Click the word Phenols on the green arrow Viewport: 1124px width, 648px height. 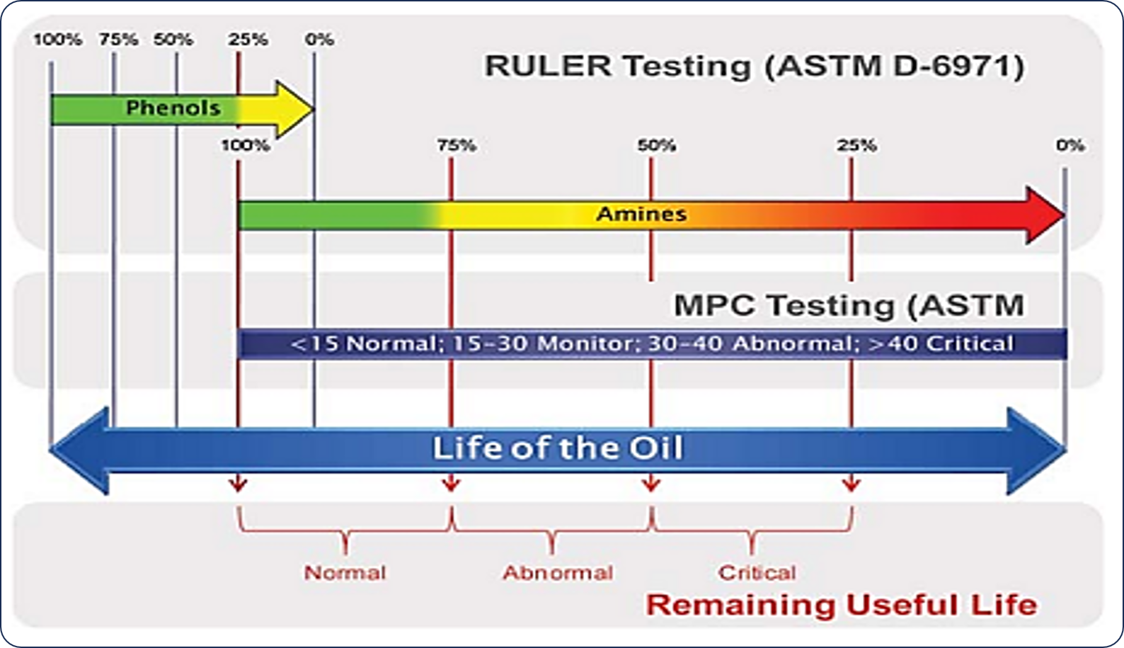pyautogui.click(x=173, y=108)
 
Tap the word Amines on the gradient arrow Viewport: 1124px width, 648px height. pyautogui.click(x=641, y=215)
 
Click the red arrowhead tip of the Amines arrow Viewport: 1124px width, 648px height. pyautogui.click(x=1065, y=215)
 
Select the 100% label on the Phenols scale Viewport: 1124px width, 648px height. pyautogui.click(x=58, y=39)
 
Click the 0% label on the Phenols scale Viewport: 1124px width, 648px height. pyautogui.click(x=320, y=39)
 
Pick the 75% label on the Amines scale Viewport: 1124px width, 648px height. pyautogui.click(x=457, y=146)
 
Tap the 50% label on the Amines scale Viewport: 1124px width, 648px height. pyautogui.click(x=657, y=146)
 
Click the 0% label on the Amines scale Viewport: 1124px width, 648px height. pyautogui.click(x=1070, y=146)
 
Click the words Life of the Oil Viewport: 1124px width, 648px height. pyautogui.click(x=558, y=448)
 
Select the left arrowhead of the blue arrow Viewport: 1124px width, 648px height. pyautogui.click(x=79, y=450)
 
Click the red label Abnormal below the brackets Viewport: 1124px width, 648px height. pyautogui.click(x=558, y=573)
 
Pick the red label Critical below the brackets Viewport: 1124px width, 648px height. pyautogui.click(x=757, y=573)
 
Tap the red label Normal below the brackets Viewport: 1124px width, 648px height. pyautogui.click(x=345, y=573)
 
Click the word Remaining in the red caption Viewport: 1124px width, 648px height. pyautogui.click(x=740, y=605)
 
